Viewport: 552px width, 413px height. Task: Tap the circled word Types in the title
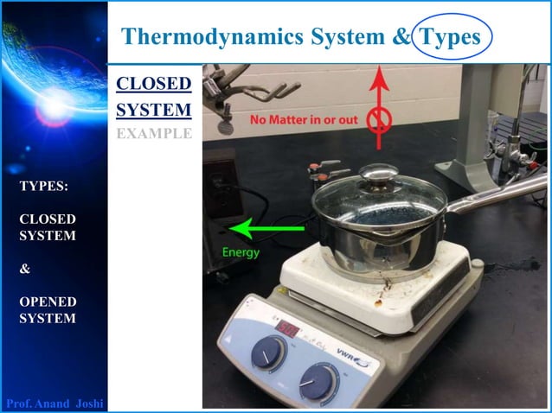pos(448,36)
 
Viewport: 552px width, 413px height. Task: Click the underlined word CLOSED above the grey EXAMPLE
pos(153,85)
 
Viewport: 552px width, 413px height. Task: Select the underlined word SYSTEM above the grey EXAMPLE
pos(153,110)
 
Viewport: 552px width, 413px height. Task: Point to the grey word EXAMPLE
pos(153,133)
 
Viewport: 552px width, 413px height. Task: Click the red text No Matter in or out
pos(304,119)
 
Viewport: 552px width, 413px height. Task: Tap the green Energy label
pos(241,252)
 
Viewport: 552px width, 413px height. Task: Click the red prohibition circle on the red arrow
pos(377,120)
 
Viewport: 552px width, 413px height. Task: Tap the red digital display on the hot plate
pos(287,328)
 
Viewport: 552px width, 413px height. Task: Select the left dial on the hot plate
pos(269,353)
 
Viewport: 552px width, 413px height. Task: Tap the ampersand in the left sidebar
pos(24,269)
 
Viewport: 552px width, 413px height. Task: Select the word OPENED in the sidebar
pos(48,302)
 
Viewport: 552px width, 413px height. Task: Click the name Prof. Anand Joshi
pos(55,403)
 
